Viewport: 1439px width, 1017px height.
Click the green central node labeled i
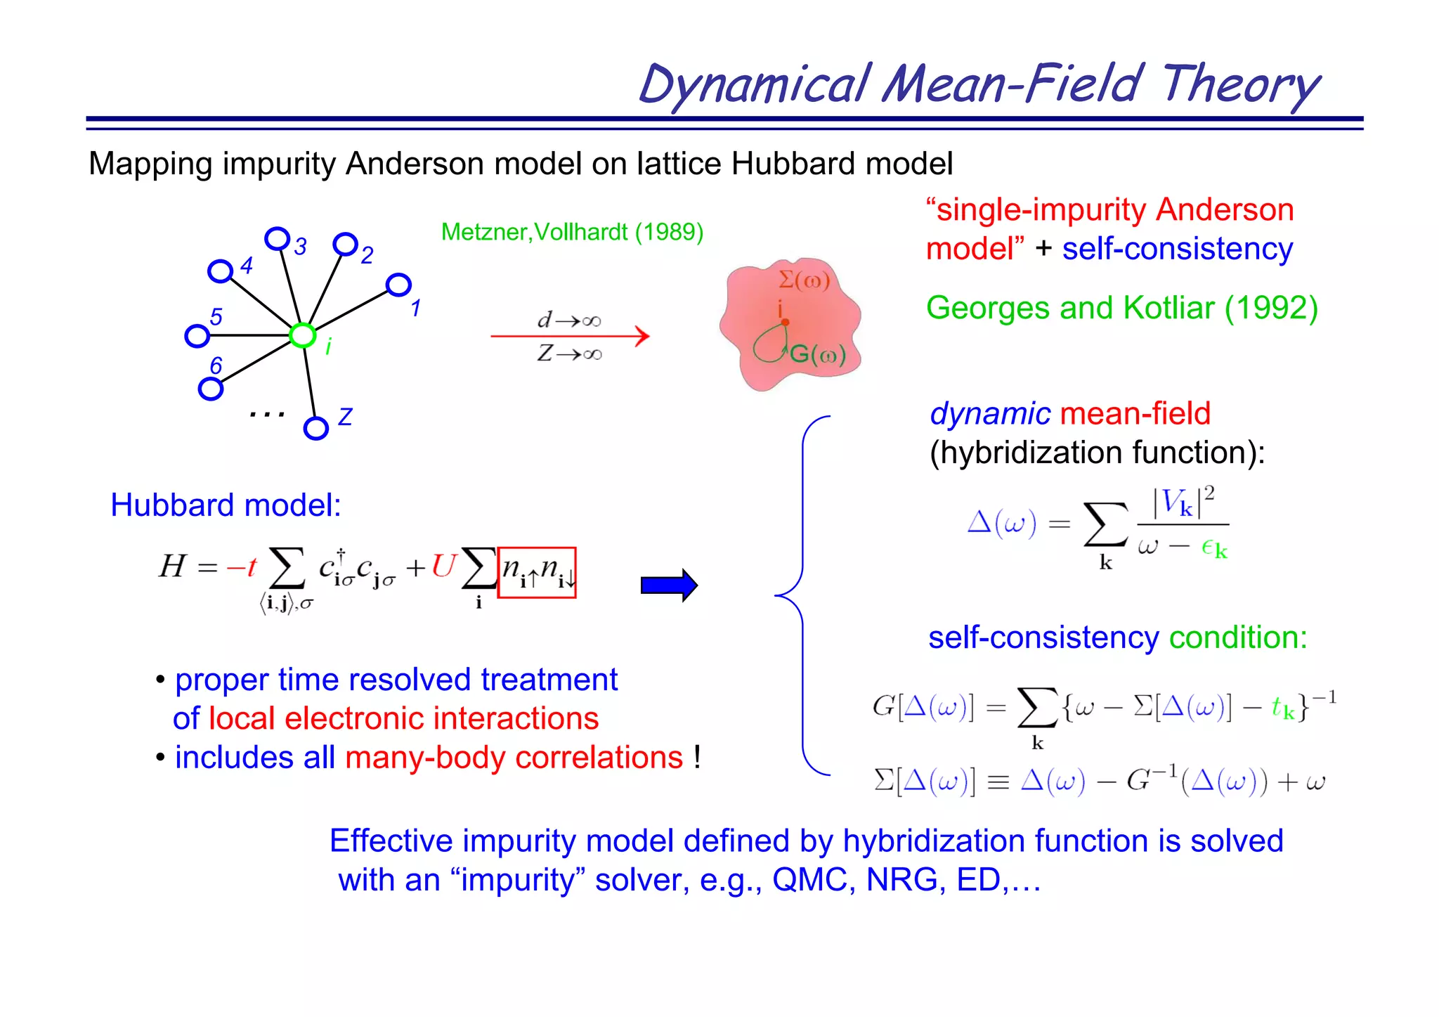pyautogui.click(x=303, y=336)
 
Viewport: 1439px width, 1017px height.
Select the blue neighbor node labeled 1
pyautogui.click(x=398, y=285)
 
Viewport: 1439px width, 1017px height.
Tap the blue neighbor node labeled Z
pyautogui.click(x=316, y=428)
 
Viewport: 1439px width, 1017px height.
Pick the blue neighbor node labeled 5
pyautogui.click(x=197, y=336)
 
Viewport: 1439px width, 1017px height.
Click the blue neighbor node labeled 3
pyautogui.click(x=278, y=239)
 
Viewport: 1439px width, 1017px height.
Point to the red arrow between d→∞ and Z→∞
pyautogui.click(x=569, y=336)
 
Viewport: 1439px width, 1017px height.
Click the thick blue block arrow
pyautogui.click(x=668, y=585)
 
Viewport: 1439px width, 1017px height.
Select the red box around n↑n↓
pyautogui.click(x=537, y=572)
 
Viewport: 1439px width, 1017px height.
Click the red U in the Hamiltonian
pyautogui.click(x=443, y=566)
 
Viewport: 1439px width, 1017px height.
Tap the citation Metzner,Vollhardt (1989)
pyautogui.click(x=572, y=232)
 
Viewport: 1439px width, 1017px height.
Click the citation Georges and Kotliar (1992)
pyautogui.click(x=1121, y=308)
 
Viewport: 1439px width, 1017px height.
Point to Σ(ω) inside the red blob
pyautogui.click(x=805, y=281)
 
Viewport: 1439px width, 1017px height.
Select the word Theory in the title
pyautogui.click(x=1240, y=84)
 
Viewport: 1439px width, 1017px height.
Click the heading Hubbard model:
pyautogui.click(x=226, y=505)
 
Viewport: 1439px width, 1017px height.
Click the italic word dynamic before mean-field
pyautogui.click(x=989, y=413)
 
